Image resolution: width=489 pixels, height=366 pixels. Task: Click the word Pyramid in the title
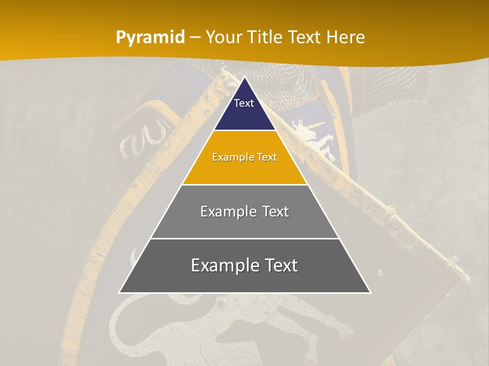click(150, 38)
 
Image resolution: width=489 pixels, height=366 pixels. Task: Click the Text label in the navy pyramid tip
click(244, 103)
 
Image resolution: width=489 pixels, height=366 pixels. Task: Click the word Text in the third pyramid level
click(276, 211)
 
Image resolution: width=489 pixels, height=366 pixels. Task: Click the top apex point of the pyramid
click(244, 77)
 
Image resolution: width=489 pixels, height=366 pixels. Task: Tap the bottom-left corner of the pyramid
click(119, 292)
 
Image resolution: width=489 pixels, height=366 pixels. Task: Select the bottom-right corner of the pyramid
click(370, 292)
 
